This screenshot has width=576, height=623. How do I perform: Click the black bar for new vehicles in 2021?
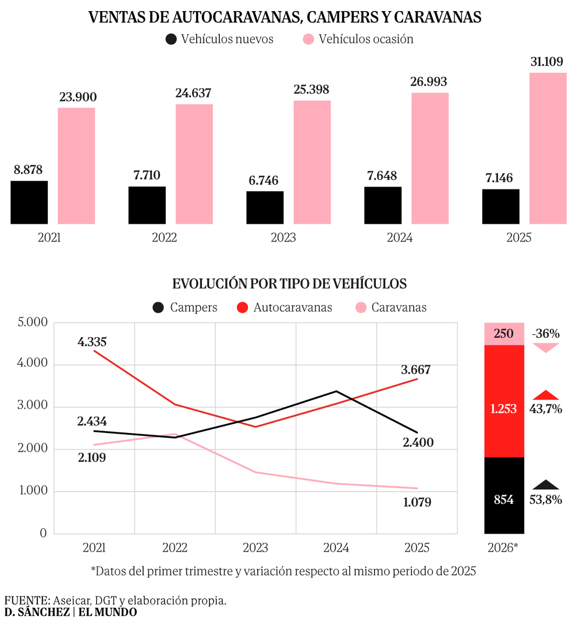coord(29,202)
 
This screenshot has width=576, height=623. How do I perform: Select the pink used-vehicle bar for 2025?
coord(547,148)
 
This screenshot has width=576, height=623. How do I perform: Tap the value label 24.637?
coord(194,93)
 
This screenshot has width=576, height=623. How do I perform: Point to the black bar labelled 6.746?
coord(265,207)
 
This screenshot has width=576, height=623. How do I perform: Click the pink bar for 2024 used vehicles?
coord(430,158)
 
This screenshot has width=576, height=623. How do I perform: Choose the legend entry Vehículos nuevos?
coord(219,40)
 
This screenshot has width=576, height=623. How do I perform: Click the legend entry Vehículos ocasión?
coord(358,40)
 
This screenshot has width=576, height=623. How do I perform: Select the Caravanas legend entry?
coord(391,307)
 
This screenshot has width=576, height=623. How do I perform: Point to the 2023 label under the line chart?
coord(255,548)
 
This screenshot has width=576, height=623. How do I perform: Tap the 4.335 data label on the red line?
coord(92,342)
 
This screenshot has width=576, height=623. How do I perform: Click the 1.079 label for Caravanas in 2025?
coord(417,502)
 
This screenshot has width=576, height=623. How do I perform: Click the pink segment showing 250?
coord(504,334)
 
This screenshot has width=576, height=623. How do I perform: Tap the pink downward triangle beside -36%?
coord(545,348)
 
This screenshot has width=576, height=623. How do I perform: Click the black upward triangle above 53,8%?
coord(545,484)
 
